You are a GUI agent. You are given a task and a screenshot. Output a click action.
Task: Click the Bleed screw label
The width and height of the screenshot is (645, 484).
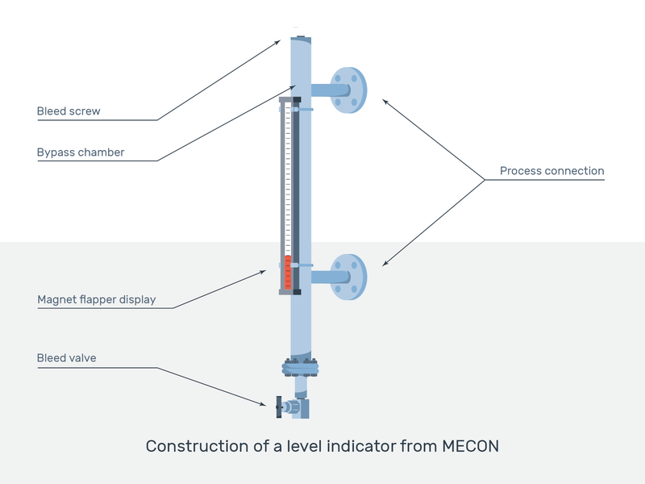[69, 111]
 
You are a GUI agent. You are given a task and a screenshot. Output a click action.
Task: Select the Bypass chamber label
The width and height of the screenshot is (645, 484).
[81, 152]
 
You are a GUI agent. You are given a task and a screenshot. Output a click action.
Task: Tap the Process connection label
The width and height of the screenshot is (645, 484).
[551, 171]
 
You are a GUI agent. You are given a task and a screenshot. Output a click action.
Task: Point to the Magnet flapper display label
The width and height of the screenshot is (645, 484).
[97, 300]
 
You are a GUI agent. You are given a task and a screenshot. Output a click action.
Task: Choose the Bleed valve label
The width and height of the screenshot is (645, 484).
[66, 358]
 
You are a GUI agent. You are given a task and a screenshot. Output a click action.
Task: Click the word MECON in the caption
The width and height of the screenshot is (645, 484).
[471, 446]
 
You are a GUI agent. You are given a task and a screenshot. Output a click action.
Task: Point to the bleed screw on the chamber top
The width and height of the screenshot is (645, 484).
[299, 36]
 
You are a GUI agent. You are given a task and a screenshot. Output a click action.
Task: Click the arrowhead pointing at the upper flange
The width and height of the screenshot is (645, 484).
[385, 101]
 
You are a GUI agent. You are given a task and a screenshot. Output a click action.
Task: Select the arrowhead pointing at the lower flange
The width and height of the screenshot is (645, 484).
[385, 263]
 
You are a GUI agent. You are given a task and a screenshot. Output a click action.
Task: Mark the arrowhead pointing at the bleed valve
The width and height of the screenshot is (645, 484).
[268, 403]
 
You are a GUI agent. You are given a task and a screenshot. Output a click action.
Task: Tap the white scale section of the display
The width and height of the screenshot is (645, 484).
[288, 177]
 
